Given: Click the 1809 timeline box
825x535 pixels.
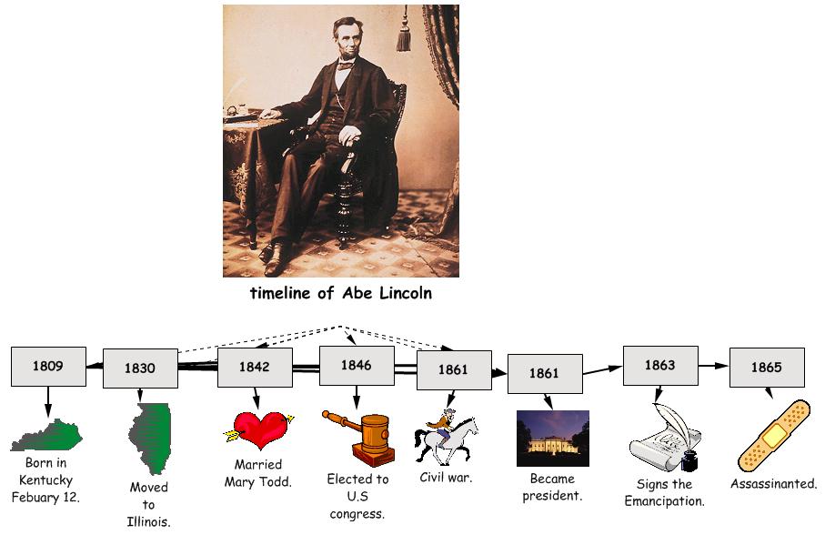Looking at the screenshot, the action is (48, 367).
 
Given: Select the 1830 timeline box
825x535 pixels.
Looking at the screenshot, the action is (140, 368).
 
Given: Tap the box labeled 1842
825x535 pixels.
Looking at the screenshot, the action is (255, 368).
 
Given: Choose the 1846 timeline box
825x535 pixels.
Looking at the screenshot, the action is (357, 365).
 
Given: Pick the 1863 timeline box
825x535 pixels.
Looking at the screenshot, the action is (660, 365).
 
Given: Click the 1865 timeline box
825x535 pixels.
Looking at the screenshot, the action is (767, 367).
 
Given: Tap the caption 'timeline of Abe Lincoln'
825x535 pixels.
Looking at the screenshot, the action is (340, 293).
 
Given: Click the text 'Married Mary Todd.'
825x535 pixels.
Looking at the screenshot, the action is (258, 473).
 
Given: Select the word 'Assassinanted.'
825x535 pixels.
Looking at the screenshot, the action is (773, 484).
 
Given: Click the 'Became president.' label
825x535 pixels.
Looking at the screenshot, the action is (553, 487).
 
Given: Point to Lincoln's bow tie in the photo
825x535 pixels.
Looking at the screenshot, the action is (346, 66).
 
